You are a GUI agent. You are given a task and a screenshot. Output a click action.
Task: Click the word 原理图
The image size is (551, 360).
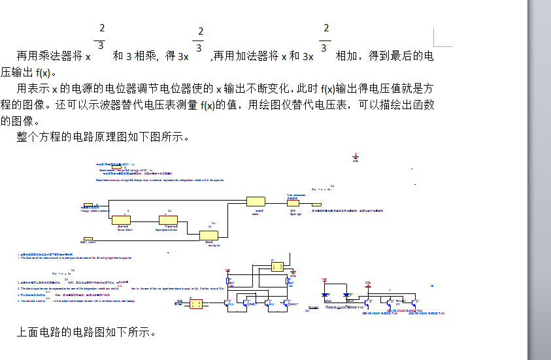pos(109,137)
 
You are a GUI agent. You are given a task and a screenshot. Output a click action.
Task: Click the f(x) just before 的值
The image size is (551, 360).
pos(207,105)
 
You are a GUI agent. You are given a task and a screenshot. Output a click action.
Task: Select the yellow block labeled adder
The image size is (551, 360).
pos(255,201)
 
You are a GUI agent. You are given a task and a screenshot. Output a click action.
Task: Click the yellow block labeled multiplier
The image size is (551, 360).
pos(209,236)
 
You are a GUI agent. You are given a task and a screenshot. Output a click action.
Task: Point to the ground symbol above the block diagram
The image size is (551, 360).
pos(356,157)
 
